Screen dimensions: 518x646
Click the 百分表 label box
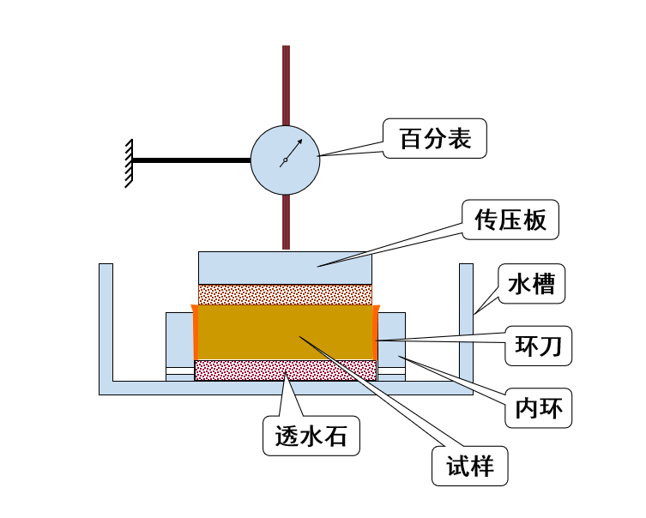435,138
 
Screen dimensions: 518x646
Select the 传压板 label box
510,220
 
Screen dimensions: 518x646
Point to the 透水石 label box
311,437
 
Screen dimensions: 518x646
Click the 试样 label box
469,467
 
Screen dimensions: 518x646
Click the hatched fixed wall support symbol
129,162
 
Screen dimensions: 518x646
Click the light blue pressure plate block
285,268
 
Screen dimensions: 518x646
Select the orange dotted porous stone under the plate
285,294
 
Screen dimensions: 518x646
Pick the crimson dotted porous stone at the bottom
285,370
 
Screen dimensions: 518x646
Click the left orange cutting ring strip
196,333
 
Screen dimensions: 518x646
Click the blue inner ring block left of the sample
178,340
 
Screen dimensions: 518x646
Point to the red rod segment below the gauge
286,222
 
